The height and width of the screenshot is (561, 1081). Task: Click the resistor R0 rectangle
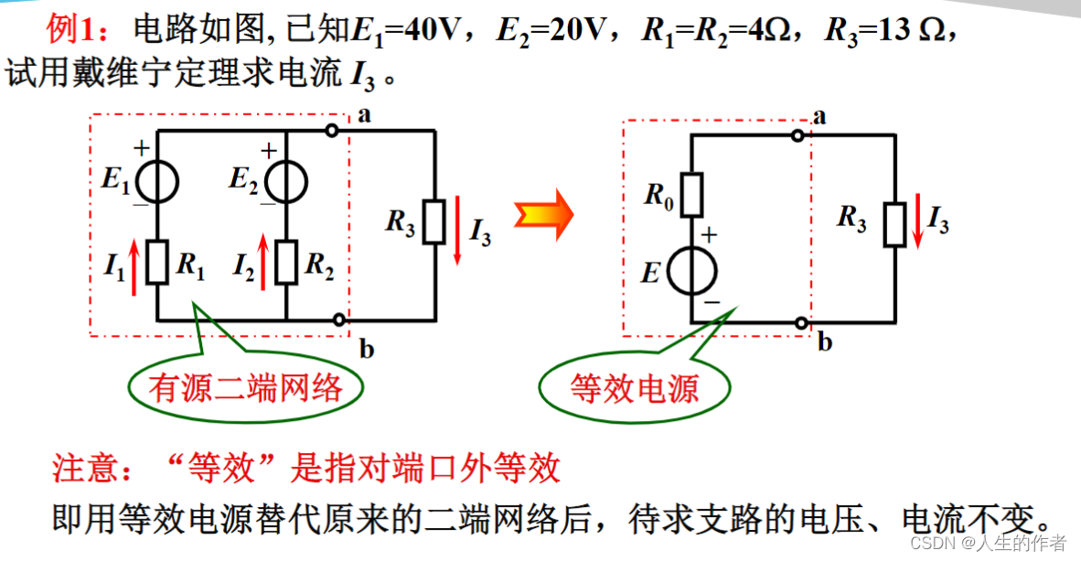click(x=691, y=193)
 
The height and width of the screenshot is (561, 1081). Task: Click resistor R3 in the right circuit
click(x=895, y=222)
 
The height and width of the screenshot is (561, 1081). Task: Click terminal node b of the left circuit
click(x=339, y=320)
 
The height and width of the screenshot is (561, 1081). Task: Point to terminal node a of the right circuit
click(x=798, y=135)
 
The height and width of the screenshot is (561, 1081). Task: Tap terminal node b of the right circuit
click(x=802, y=322)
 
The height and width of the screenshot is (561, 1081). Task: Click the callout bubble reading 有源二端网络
click(x=245, y=389)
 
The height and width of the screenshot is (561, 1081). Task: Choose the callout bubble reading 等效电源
click(x=634, y=389)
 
